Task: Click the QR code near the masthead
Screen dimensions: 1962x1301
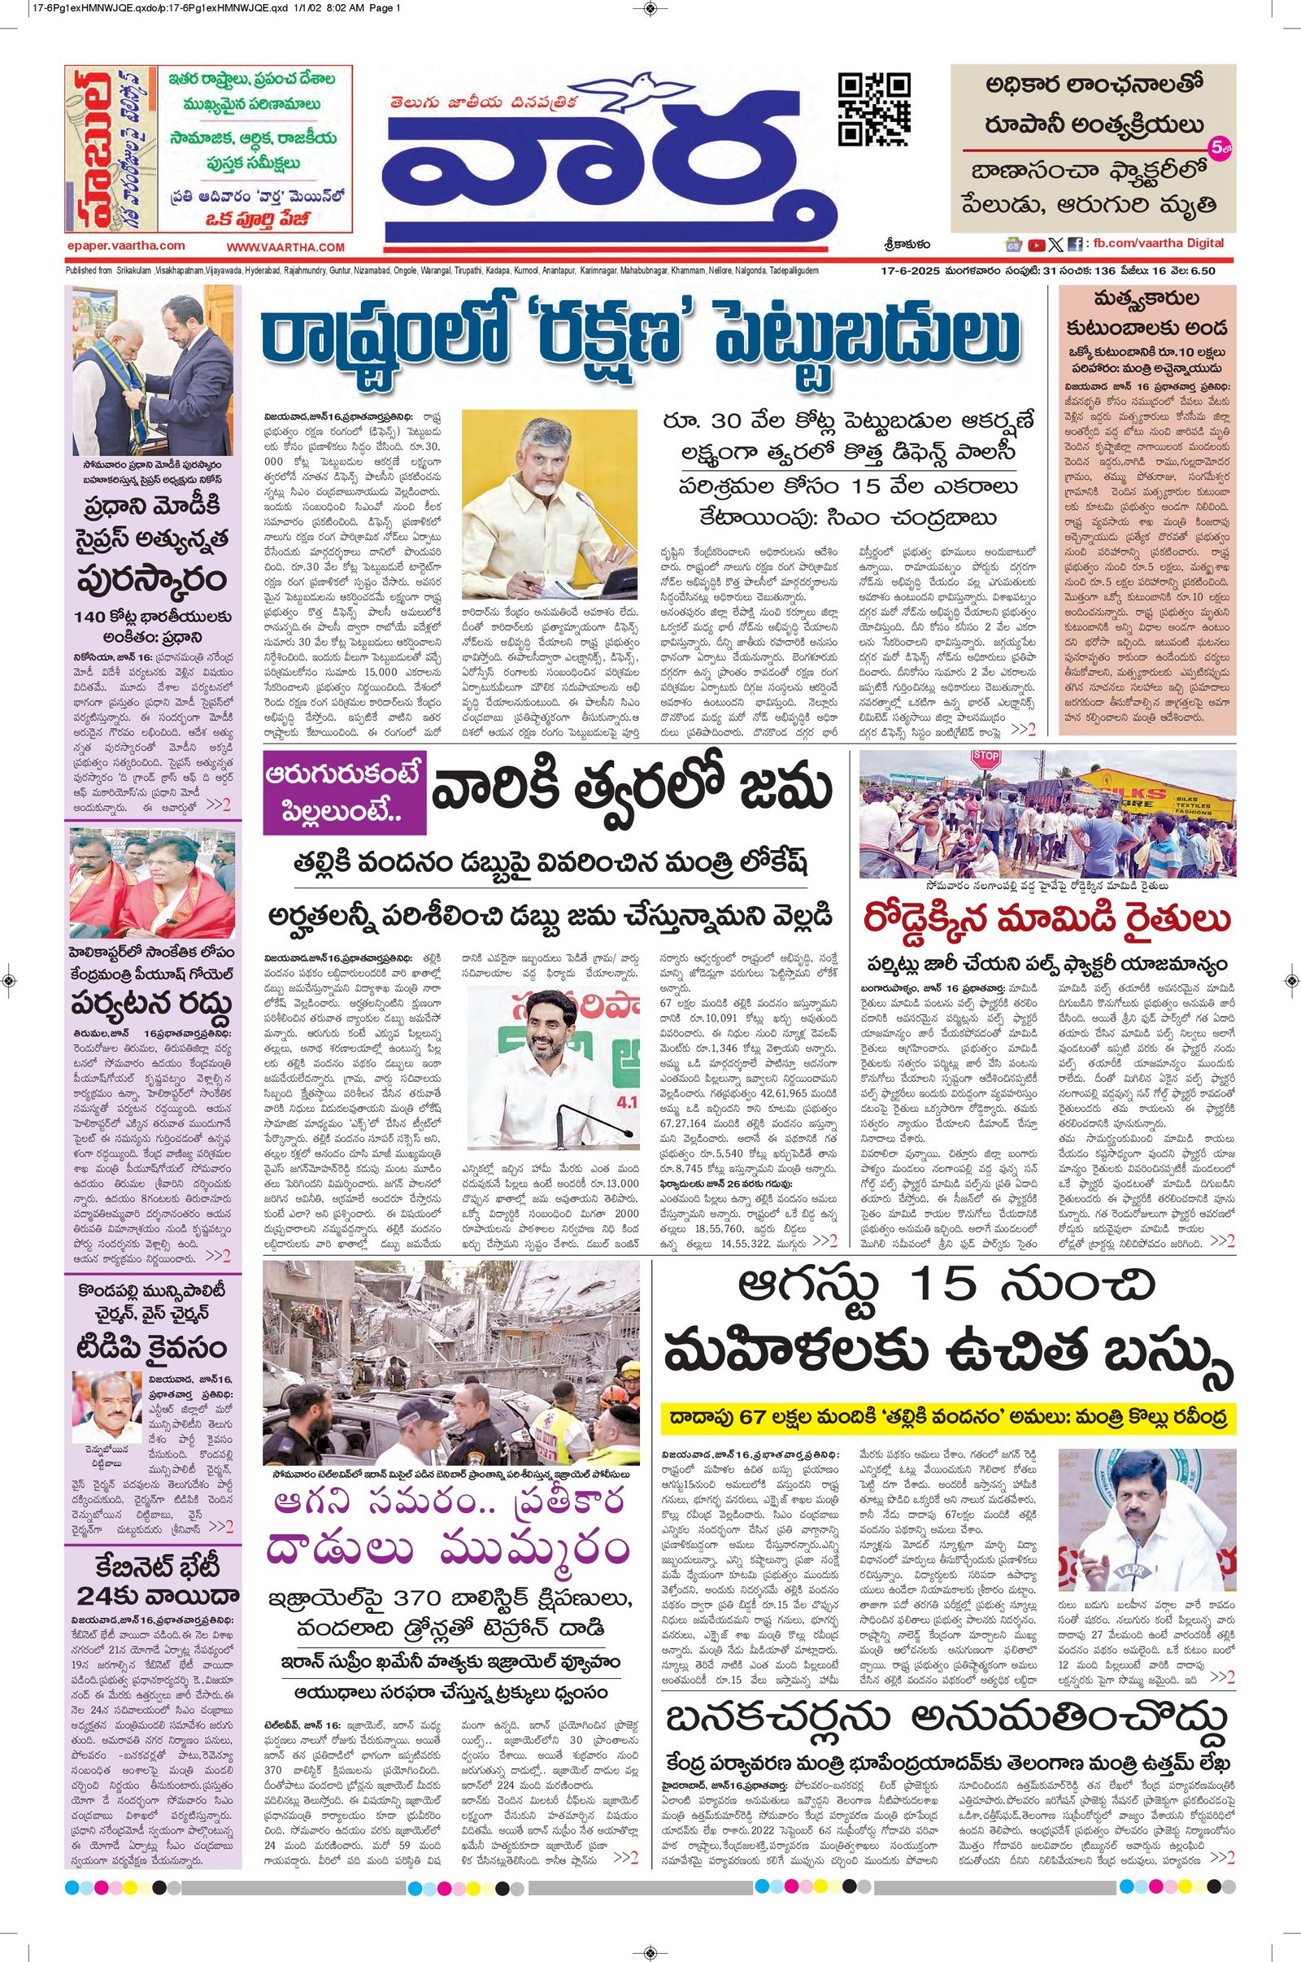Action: tap(873, 110)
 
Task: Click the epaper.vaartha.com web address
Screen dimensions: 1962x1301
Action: tap(127, 246)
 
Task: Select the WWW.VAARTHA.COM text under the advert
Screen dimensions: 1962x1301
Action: tap(285, 247)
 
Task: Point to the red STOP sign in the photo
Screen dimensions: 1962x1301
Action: tap(985, 758)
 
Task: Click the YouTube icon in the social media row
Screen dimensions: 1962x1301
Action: tap(1036, 245)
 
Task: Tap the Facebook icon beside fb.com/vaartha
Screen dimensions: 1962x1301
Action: tap(1074, 245)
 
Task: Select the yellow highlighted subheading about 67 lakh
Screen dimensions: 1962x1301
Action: tap(947, 1417)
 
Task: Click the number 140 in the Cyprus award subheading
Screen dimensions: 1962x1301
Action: tap(89, 617)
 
